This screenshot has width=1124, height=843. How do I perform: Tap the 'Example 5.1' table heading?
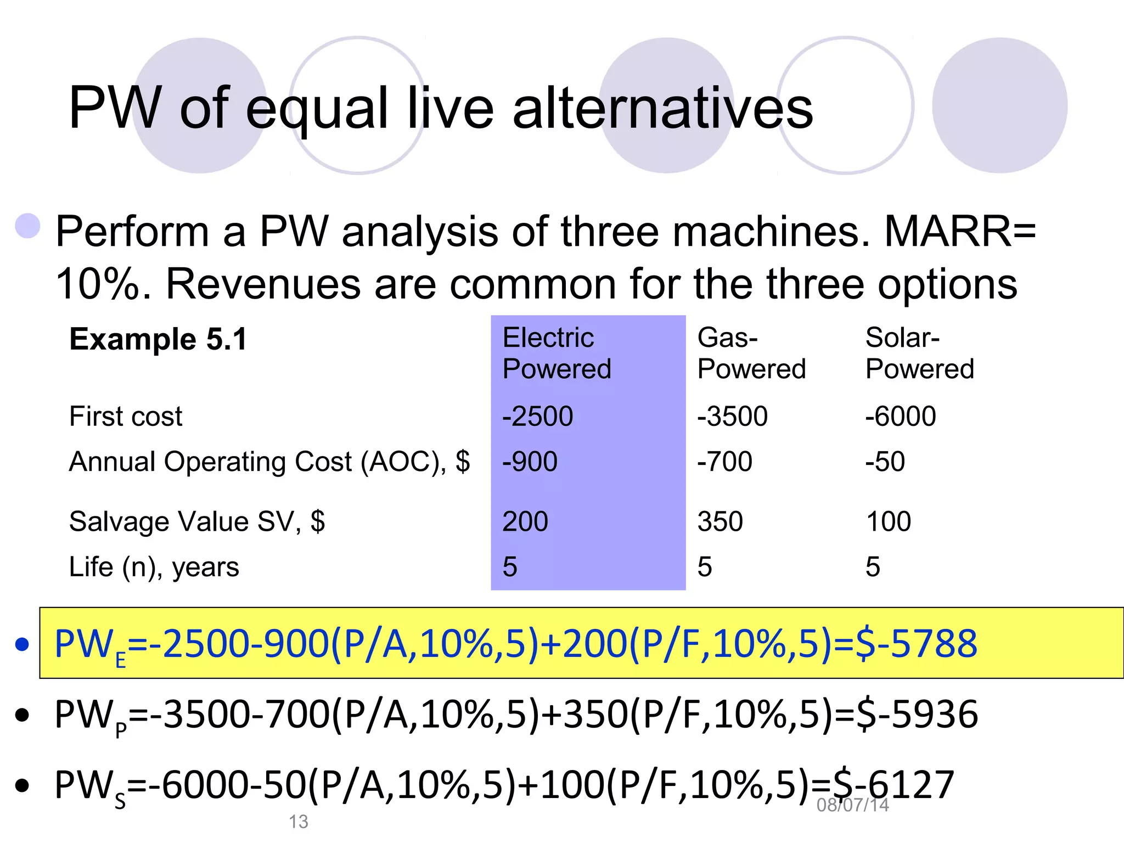click(158, 339)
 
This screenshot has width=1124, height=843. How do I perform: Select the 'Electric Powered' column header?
click(557, 353)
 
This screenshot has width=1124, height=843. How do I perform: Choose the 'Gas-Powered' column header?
click(751, 353)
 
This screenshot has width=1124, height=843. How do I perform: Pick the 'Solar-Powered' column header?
click(919, 353)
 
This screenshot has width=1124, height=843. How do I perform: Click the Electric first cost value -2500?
click(537, 416)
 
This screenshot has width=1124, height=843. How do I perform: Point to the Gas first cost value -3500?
click(732, 416)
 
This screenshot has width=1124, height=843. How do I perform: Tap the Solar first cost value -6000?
click(901, 416)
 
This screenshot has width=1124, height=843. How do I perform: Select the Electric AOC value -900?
click(530, 462)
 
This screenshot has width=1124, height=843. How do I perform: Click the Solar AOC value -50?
click(885, 462)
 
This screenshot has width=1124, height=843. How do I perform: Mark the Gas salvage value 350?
click(720, 521)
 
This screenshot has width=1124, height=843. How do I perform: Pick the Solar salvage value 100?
click(888, 521)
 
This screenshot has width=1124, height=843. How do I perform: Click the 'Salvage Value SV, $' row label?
click(197, 521)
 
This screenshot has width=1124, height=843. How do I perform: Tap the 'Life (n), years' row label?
click(154, 567)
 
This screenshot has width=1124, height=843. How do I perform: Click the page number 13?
click(299, 822)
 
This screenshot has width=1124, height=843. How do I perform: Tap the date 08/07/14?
click(852, 805)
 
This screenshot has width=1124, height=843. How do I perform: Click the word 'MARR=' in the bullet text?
click(960, 231)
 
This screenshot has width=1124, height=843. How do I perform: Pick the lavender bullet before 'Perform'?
click(28, 226)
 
